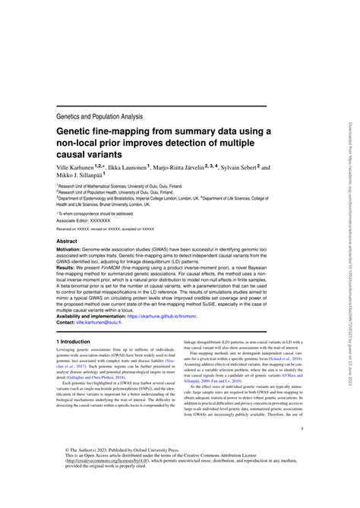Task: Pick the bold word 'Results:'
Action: (x=68, y=270)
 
